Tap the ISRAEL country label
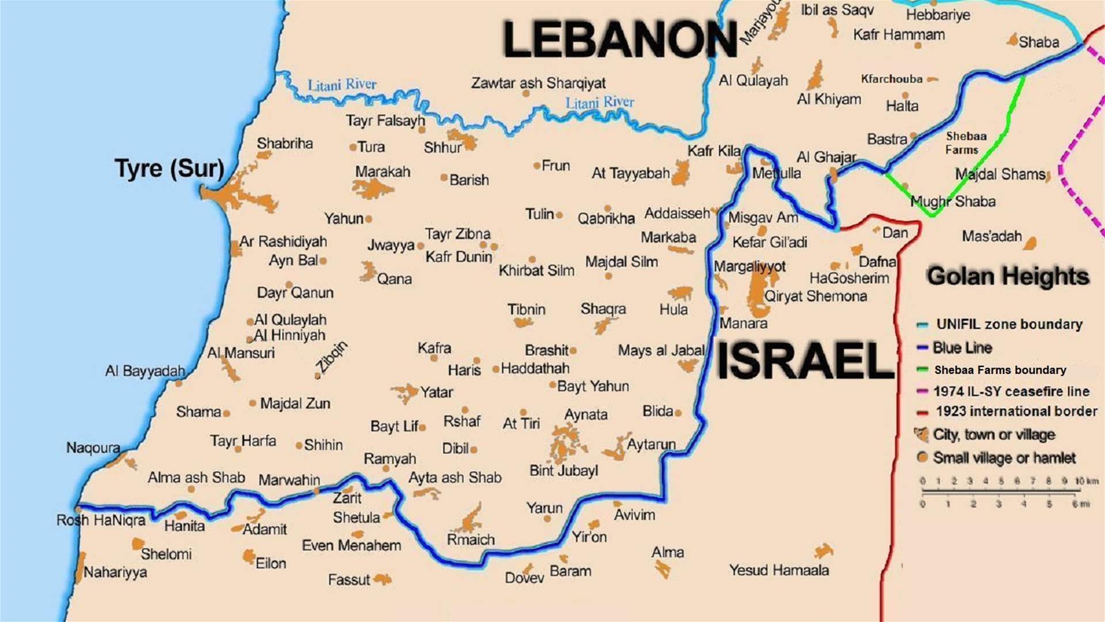(805, 361)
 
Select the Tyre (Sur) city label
(169, 169)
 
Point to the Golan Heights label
(1008, 276)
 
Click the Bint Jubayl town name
(563, 471)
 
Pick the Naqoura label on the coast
(93, 447)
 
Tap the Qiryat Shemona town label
(816, 296)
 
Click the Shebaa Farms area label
(966, 143)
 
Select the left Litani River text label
(342, 85)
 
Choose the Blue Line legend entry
(962, 348)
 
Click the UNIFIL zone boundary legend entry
(1009, 324)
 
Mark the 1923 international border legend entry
(1016, 411)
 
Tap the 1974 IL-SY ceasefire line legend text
(1011, 392)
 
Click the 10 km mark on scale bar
(1086, 481)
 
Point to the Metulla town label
(776, 173)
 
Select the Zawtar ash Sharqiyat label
(538, 83)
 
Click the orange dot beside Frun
(537, 166)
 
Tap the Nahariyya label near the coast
(115, 572)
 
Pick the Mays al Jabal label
(661, 350)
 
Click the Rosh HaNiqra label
(101, 521)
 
